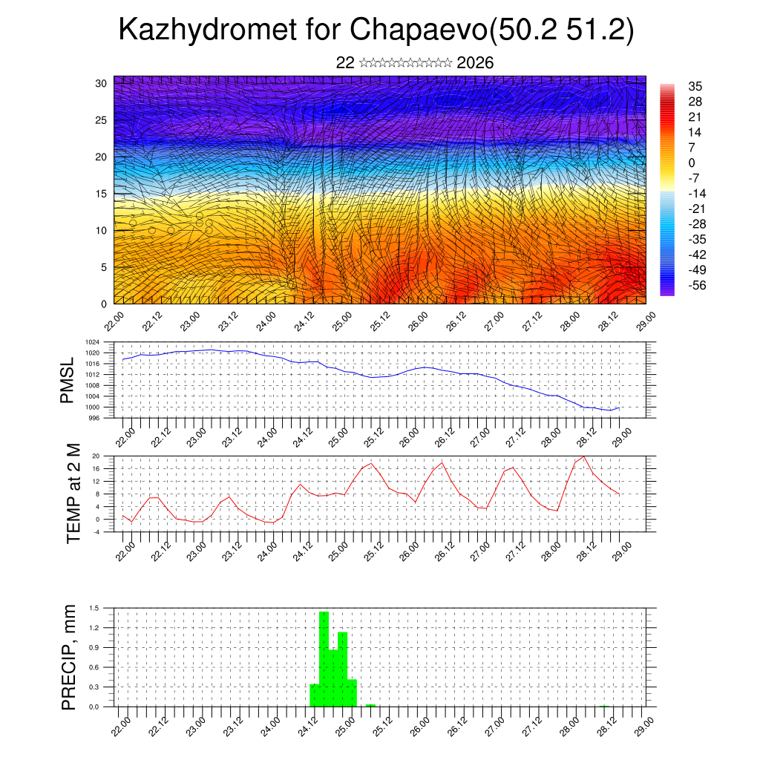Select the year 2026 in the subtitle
[475, 63]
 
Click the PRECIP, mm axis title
[69, 656]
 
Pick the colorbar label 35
[695, 87]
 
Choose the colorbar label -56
[697, 284]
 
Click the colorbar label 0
[692, 163]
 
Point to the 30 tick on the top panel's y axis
[101, 83]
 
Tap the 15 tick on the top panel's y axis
[101, 194]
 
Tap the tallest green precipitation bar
[324, 657]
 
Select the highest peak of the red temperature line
[584, 456]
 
